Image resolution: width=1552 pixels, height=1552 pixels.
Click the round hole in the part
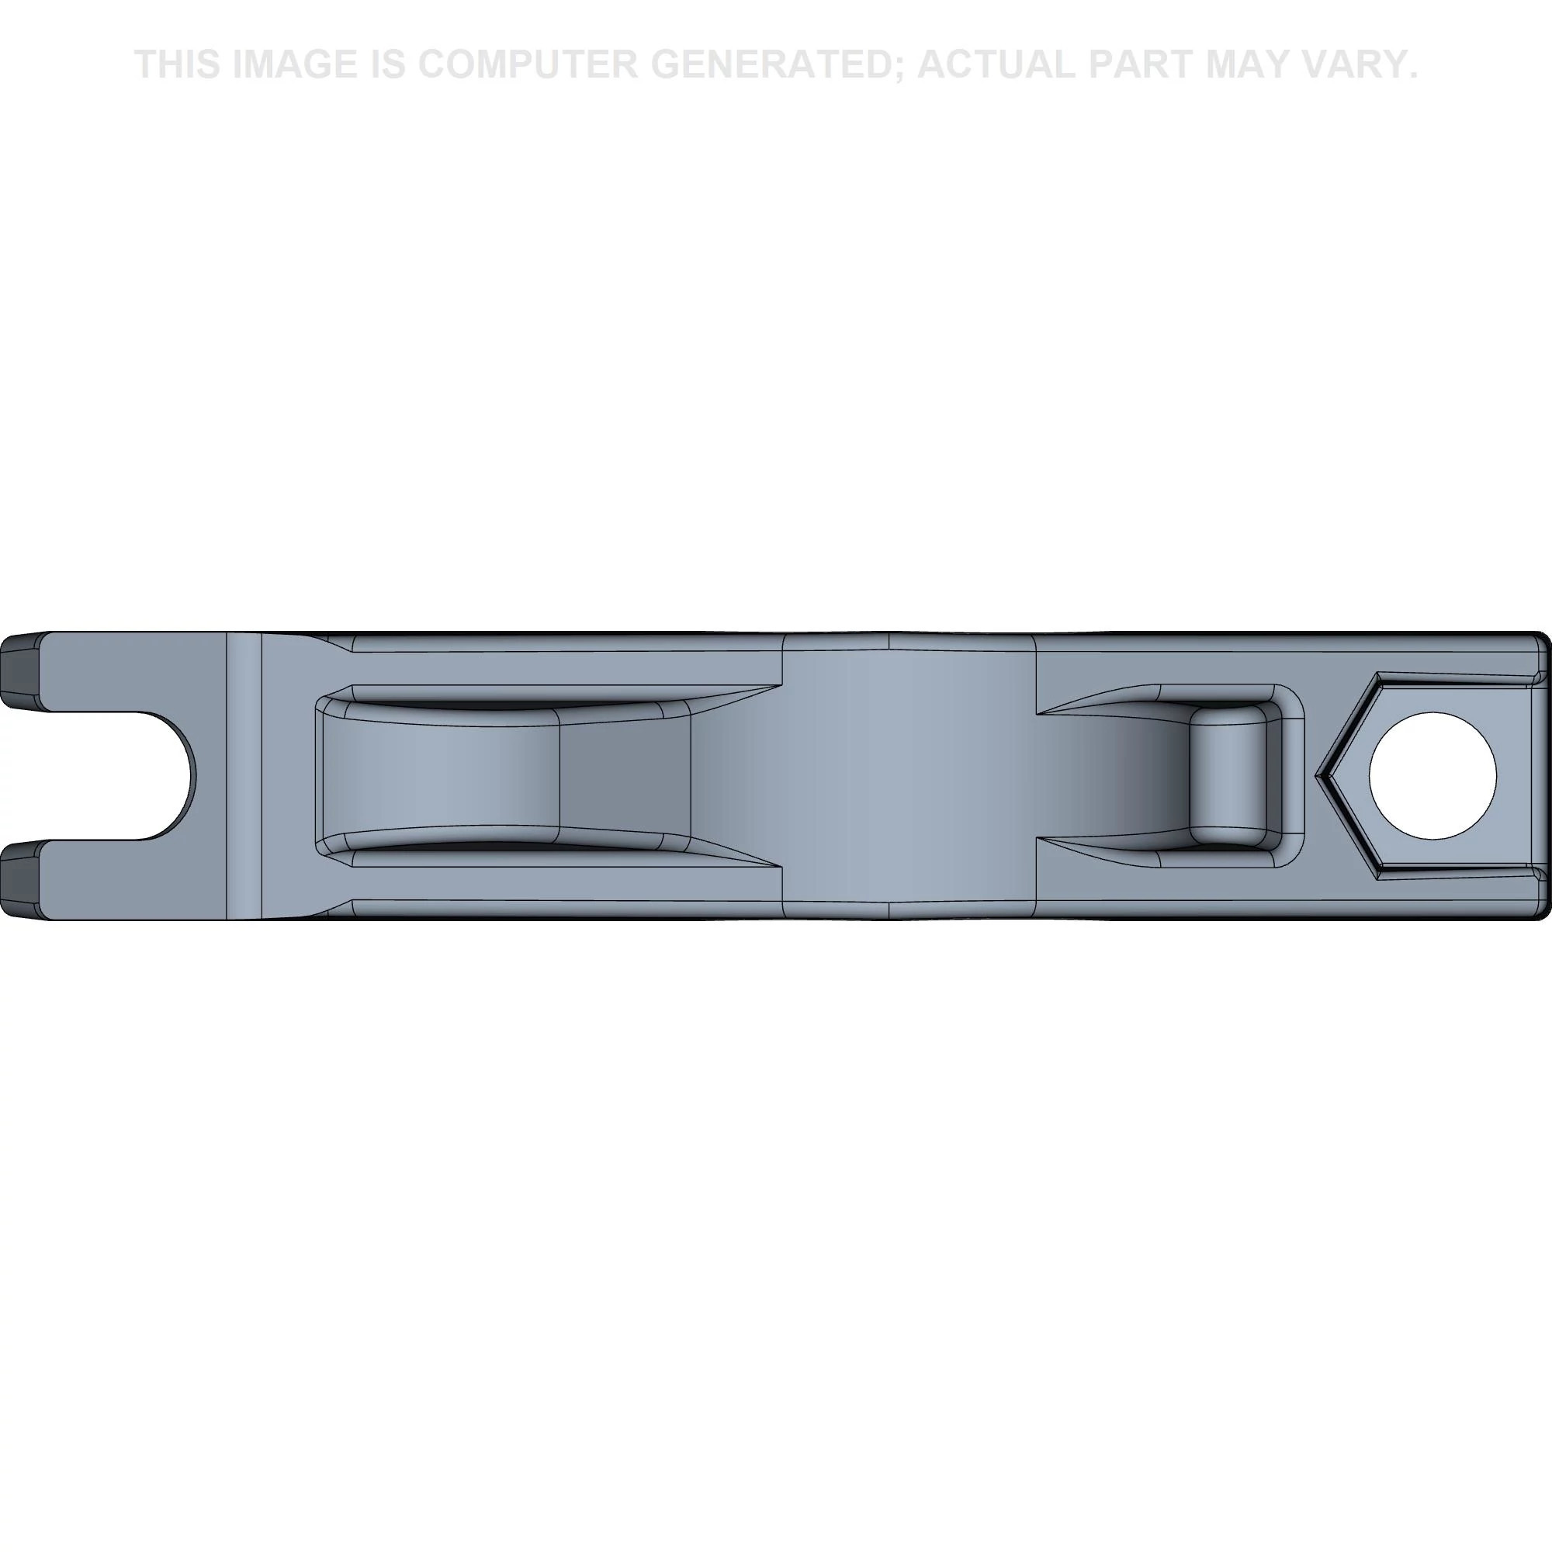coord(1432,776)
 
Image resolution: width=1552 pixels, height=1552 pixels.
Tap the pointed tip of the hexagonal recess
coord(1318,776)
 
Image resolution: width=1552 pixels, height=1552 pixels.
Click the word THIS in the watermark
coord(178,64)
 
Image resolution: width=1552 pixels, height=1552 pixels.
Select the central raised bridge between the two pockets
coord(908,776)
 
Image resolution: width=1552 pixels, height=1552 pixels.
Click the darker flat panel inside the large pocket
coord(624,776)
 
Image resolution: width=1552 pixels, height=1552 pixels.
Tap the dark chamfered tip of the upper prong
coord(19,672)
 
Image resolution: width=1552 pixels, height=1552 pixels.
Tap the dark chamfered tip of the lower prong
coord(19,880)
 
